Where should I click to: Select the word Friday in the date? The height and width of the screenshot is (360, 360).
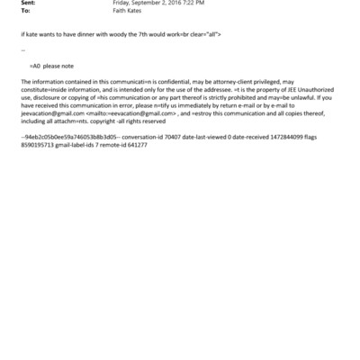122,3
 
